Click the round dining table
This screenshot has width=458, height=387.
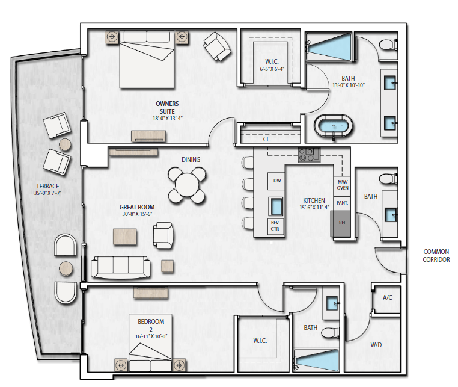tap(187, 185)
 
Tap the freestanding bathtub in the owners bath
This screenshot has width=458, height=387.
tap(333, 126)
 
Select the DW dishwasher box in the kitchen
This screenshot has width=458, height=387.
tap(276, 181)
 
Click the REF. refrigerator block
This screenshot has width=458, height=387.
tap(341, 223)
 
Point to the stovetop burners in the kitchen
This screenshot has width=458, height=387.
tap(309, 155)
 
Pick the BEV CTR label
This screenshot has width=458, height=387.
tap(275, 226)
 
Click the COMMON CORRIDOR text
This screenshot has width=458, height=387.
tap(436, 255)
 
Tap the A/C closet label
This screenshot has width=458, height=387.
tap(387, 297)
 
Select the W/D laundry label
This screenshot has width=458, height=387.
tap(376, 345)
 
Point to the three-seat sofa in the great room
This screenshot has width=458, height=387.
tap(120, 267)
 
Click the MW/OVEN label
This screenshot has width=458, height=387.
tap(343, 185)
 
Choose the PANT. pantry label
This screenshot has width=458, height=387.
tap(342, 203)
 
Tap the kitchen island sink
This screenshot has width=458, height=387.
tap(276, 206)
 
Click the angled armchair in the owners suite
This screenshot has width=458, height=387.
tap(217, 46)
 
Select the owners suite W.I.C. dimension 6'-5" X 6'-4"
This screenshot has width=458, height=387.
tap(272, 69)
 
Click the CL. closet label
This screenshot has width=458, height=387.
tap(267, 139)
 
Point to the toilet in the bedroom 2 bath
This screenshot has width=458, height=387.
tap(331, 333)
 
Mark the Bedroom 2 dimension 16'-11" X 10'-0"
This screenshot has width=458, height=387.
tap(151, 336)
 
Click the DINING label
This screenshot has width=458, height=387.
tap(191, 159)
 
